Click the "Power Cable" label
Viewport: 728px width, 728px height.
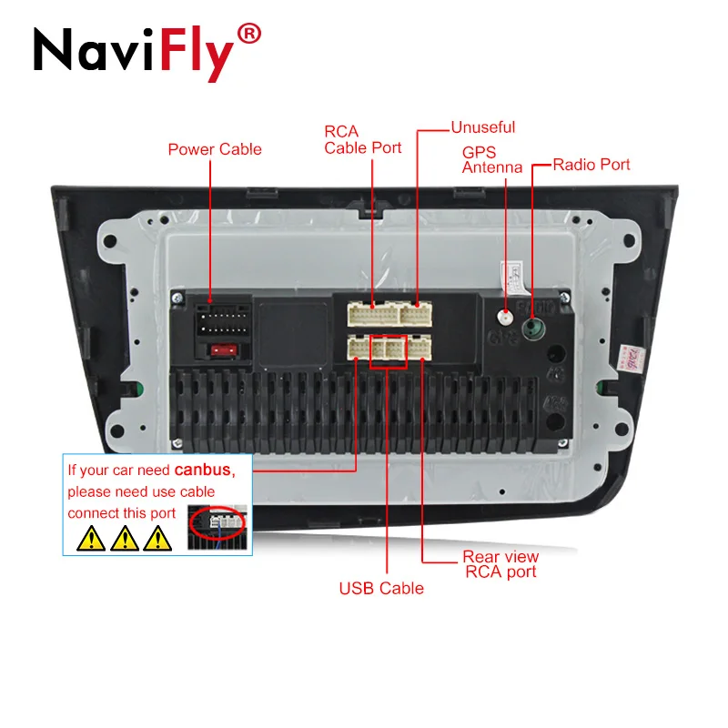click(215, 149)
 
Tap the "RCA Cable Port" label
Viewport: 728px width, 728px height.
click(362, 140)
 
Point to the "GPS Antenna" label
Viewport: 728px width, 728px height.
click(491, 160)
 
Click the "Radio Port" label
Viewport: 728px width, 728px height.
click(591, 165)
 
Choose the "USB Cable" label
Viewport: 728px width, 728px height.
click(381, 588)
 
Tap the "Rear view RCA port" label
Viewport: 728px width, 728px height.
click(500, 564)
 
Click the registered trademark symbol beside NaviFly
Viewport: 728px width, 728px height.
click(249, 35)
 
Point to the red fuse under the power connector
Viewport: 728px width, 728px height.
click(222, 349)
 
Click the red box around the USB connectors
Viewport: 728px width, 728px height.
click(387, 350)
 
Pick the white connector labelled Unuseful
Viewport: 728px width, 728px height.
click(417, 314)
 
